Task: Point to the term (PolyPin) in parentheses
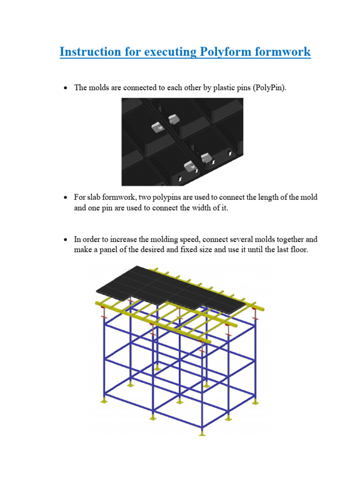click(x=269, y=88)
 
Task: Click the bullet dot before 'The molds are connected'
click(x=66, y=89)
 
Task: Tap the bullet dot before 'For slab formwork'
click(x=66, y=198)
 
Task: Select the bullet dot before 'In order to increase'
click(x=66, y=240)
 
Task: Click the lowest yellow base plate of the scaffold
click(x=202, y=434)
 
